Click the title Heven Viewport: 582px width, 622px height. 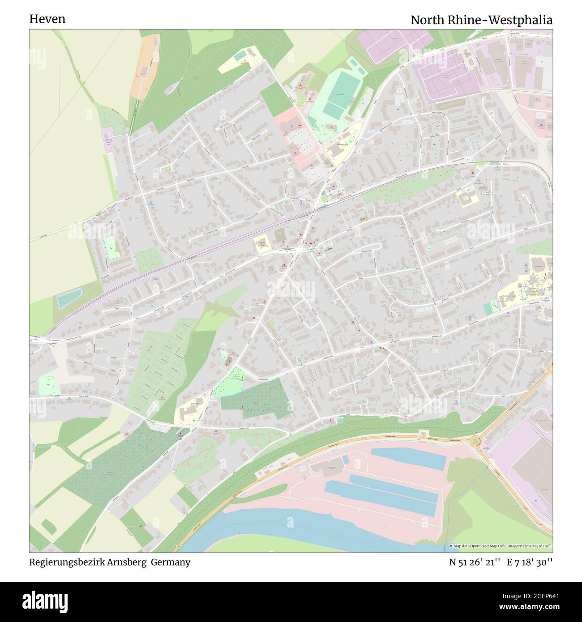click(47, 19)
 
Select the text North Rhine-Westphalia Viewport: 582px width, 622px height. click(481, 20)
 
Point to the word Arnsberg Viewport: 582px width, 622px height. click(127, 562)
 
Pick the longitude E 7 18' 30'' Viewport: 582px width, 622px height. click(530, 562)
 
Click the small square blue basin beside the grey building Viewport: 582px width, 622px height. click(345, 460)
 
